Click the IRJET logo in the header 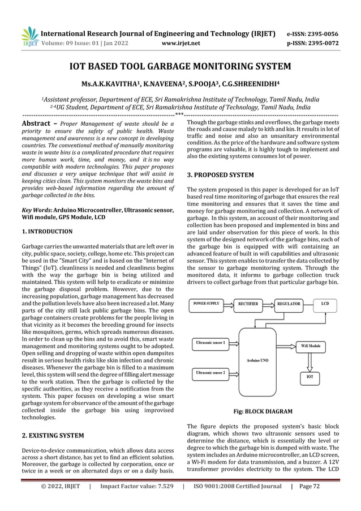coord(26,36)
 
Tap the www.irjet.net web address coord(180,41)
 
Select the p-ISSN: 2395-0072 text coord(321,41)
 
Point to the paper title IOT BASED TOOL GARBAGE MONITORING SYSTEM coord(180,67)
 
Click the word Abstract coord(37,124)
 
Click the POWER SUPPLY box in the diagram coord(207,304)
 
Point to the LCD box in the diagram coord(325,304)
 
